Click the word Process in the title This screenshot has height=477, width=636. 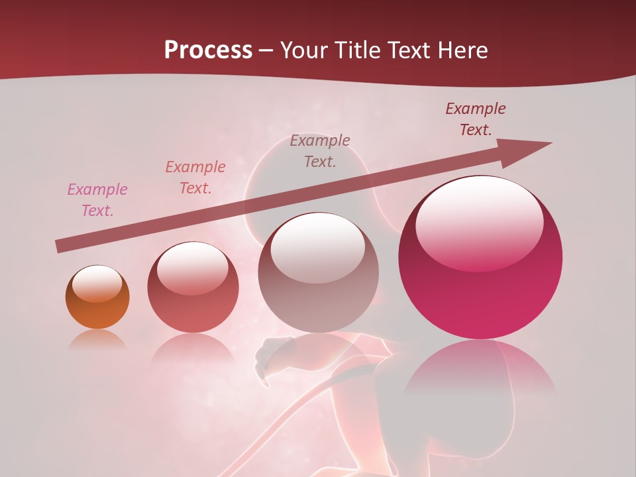tap(208, 50)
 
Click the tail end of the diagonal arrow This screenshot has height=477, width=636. tap(58, 247)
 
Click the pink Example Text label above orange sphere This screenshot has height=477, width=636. tap(97, 200)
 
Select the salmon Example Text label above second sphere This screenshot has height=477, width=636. tap(195, 177)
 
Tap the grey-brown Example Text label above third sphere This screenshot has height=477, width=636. tap(320, 150)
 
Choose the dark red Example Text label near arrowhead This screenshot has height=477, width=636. tap(476, 119)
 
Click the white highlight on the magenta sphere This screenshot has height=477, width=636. tap(479, 222)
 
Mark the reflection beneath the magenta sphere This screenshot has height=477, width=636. tap(480, 371)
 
